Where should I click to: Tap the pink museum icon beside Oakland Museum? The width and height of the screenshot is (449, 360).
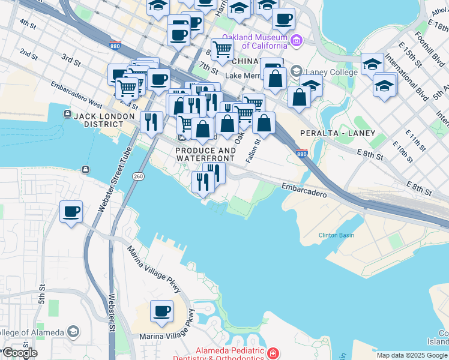[x=295, y=41]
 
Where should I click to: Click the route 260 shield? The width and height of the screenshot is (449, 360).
[x=138, y=176]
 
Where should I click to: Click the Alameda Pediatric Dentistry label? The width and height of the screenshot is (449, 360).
[x=229, y=354]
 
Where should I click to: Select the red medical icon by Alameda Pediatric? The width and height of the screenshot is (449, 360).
[x=273, y=353]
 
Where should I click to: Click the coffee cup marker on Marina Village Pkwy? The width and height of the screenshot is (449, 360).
[x=161, y=311]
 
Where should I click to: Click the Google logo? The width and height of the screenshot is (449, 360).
[x=20, y=353]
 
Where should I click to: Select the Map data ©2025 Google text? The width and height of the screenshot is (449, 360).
[x=412, y=355]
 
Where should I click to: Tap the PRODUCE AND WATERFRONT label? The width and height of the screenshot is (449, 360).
[x=205, y=154]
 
